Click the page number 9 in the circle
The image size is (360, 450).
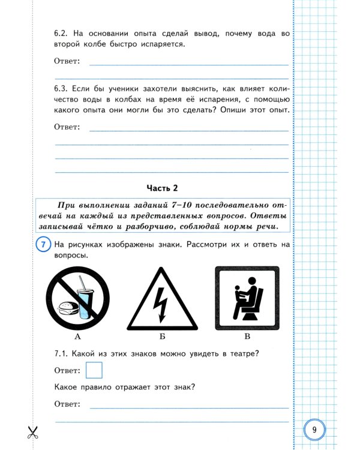[x=314, y=430]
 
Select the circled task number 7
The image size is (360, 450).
[x=43, y=246]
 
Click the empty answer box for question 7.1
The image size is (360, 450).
[x=94, y=370]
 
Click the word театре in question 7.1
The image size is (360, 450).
[x=240, y=353]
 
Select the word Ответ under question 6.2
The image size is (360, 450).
[x=67, y=61]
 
